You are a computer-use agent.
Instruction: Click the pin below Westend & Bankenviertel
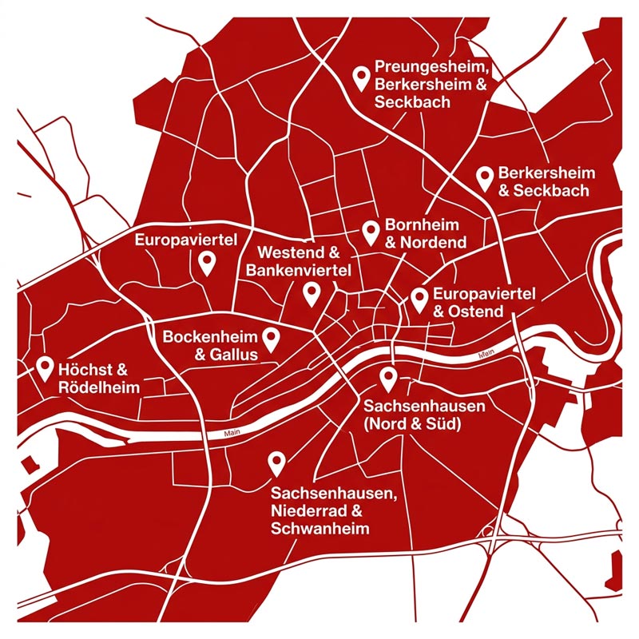[x=312, y=294]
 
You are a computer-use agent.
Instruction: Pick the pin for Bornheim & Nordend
[x=370, y=232]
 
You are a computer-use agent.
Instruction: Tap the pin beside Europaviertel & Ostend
[x=419, y=300]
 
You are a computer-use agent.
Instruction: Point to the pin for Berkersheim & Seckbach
[x=484, y=178]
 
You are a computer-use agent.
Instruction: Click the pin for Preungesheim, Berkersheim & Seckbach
[x=361, y=77]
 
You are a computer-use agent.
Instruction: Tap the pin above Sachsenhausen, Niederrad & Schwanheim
[x=276, y=462]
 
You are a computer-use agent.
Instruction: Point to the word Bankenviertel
[x=298, y=271]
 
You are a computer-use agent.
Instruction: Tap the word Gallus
[x=235, y=355]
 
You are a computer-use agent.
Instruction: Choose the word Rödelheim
[x=99, y=387]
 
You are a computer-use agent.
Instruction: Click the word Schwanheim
[x=319, y=529]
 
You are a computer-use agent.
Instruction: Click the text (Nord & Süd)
[x=411, y=424]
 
